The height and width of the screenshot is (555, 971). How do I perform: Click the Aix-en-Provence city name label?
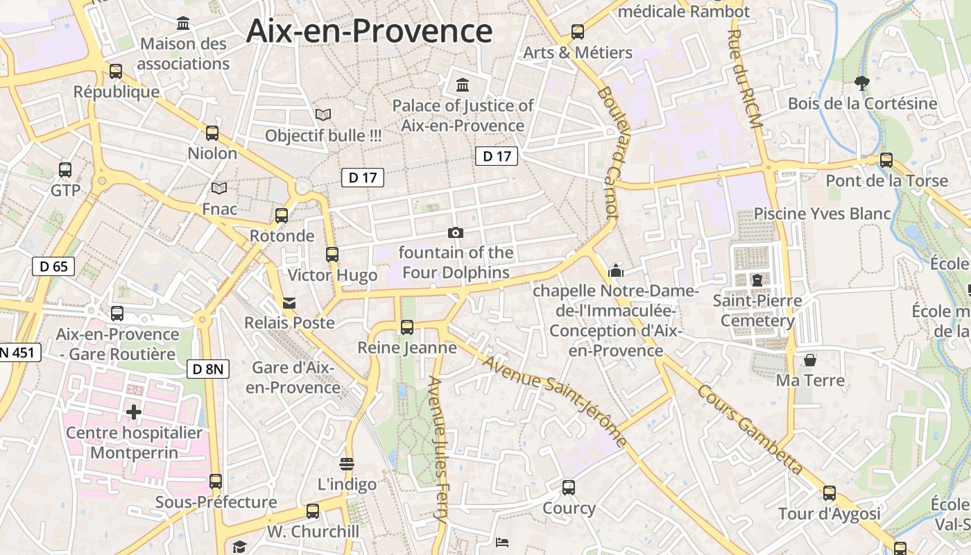pos(369,31)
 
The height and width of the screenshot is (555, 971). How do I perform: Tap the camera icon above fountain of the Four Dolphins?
pos(456,232)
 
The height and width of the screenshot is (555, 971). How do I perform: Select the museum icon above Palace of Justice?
pos(463,85)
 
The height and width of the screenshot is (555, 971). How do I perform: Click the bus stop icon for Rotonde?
pos(282,215)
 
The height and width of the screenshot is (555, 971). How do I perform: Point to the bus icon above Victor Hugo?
pos(332,254)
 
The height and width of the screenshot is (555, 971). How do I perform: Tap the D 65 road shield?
pos(53,266)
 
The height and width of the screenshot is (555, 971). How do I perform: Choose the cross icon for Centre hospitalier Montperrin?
pos(134,412)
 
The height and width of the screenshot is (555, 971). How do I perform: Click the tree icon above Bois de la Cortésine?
pos(862,83)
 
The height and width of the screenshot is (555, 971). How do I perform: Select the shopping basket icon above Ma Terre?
pos(810,360)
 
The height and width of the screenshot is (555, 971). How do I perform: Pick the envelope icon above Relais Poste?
pos(289,302)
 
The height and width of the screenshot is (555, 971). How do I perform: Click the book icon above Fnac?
pos(219,188)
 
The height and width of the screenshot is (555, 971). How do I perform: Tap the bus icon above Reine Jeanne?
pos(407,327)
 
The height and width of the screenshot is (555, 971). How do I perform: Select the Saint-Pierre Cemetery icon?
pos(757,280)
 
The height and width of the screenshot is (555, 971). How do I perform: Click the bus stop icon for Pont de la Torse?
pos(886,160)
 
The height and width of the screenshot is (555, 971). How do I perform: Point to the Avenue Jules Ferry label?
pos(440,450)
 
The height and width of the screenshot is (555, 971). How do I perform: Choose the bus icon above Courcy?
pos(569,488)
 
